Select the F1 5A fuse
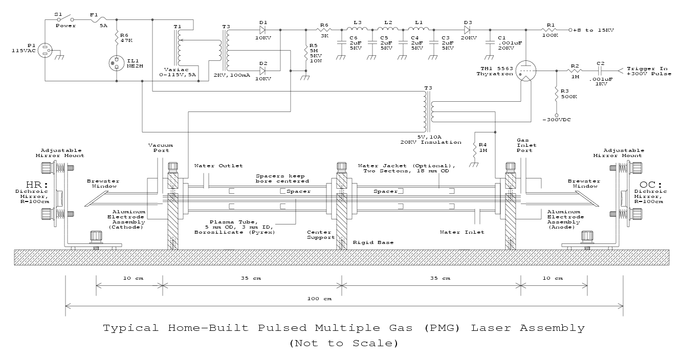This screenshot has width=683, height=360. point(94,20)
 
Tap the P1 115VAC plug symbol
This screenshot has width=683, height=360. point(47,51)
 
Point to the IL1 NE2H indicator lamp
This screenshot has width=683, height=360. point(117,63)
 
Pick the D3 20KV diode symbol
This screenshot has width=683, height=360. point(467,30)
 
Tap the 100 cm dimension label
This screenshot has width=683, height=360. point(323,298)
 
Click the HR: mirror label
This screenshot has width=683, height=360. point(34,185)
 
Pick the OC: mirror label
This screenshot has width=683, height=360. point(648,185)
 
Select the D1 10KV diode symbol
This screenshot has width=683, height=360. point(263,30)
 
